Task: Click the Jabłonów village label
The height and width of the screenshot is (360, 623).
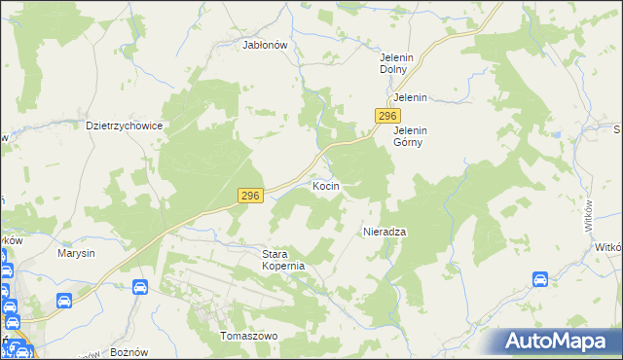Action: click(x=265, y=45)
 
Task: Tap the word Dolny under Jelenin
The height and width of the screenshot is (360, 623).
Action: click(x=396, y=69)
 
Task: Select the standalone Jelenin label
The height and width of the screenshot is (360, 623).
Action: click(x=410, y=98)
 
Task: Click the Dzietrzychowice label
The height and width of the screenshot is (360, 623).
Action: click(x=123, y=126)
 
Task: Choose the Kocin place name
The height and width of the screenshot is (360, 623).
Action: click(x=325, y=185)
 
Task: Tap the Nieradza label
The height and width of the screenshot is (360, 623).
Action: click(x=385, y=233)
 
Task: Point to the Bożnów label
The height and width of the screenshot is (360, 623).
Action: click(x=128, y=350)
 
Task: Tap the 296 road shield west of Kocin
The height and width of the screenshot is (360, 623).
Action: click(x=250, y=197)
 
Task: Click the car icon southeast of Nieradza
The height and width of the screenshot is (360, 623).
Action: click(x=540, y=280)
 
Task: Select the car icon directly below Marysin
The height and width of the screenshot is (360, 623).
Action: click(x=64, y=302)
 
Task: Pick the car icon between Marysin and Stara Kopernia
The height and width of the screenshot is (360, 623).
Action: click(x=139, y=288)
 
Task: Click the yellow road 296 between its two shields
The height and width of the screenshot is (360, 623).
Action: click(x=311, y=163)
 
